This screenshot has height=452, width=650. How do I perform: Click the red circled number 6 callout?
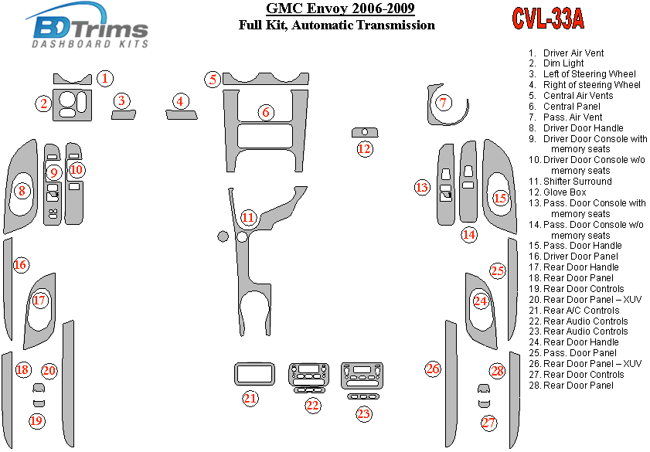pyautogui.click(x=266, y=113)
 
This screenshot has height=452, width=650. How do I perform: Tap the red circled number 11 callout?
pyautogui.click(x=247, y=218)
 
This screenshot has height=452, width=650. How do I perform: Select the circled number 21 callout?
pyautogui.click(x=250, y=399)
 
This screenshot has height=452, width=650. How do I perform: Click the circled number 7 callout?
pyautogui.click(x=443, y=103)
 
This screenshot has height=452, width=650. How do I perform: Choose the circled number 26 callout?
pyautogui.click(x=433, y=369)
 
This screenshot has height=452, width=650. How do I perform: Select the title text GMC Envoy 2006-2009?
pyautogui.click(x=339, y=9)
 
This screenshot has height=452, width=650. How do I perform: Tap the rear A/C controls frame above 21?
pyautogui.click(x=254, y=374)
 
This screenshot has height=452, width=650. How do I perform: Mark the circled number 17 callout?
pyautogui.click(x=39, y=301)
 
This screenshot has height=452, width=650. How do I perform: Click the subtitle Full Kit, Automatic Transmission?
pyautogui.click(x=337, y=25)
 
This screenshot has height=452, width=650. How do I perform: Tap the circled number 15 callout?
pyautogui.click(x=500, y=199)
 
